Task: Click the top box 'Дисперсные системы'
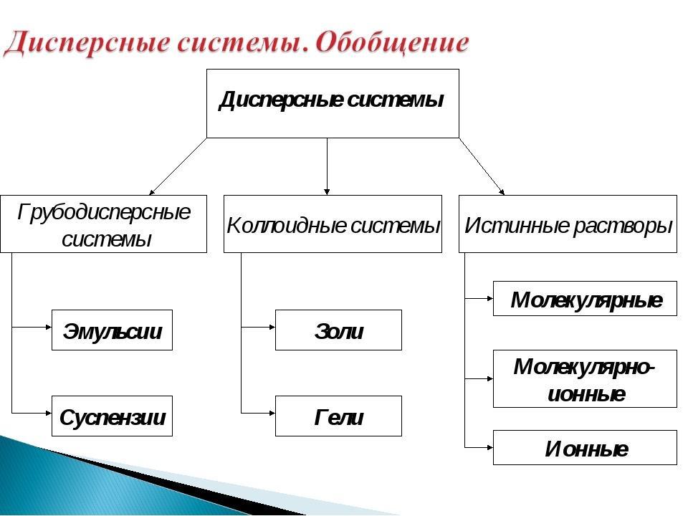(333, 102)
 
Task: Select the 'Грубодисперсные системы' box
(103, 224)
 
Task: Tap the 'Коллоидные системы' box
(333, 224)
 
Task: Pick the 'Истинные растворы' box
(568, 224)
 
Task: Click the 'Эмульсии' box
(112, 330)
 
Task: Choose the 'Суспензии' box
(112, 416)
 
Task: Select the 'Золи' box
(338, 330)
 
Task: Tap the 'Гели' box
(338, 416)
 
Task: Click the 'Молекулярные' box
(585, 298)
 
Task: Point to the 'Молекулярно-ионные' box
(585, 378)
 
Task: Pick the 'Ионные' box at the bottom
(585, 447)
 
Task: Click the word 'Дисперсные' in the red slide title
(82, 42)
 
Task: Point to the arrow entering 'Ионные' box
(479, 446)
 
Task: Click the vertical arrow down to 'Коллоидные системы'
(328, 166)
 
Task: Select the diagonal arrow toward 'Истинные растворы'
(482, 166)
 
